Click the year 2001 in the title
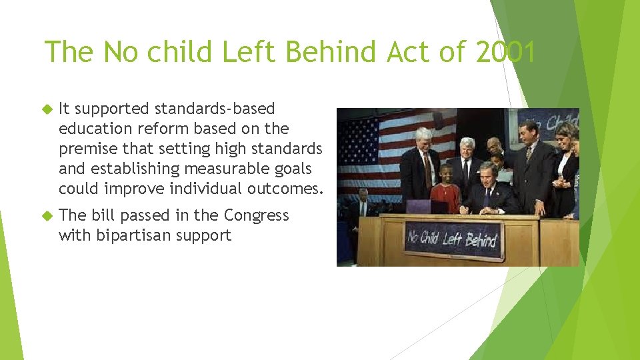[505, 52]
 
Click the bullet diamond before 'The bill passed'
[47, 215]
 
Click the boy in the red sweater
[445, 189]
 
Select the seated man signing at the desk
[489, 187]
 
